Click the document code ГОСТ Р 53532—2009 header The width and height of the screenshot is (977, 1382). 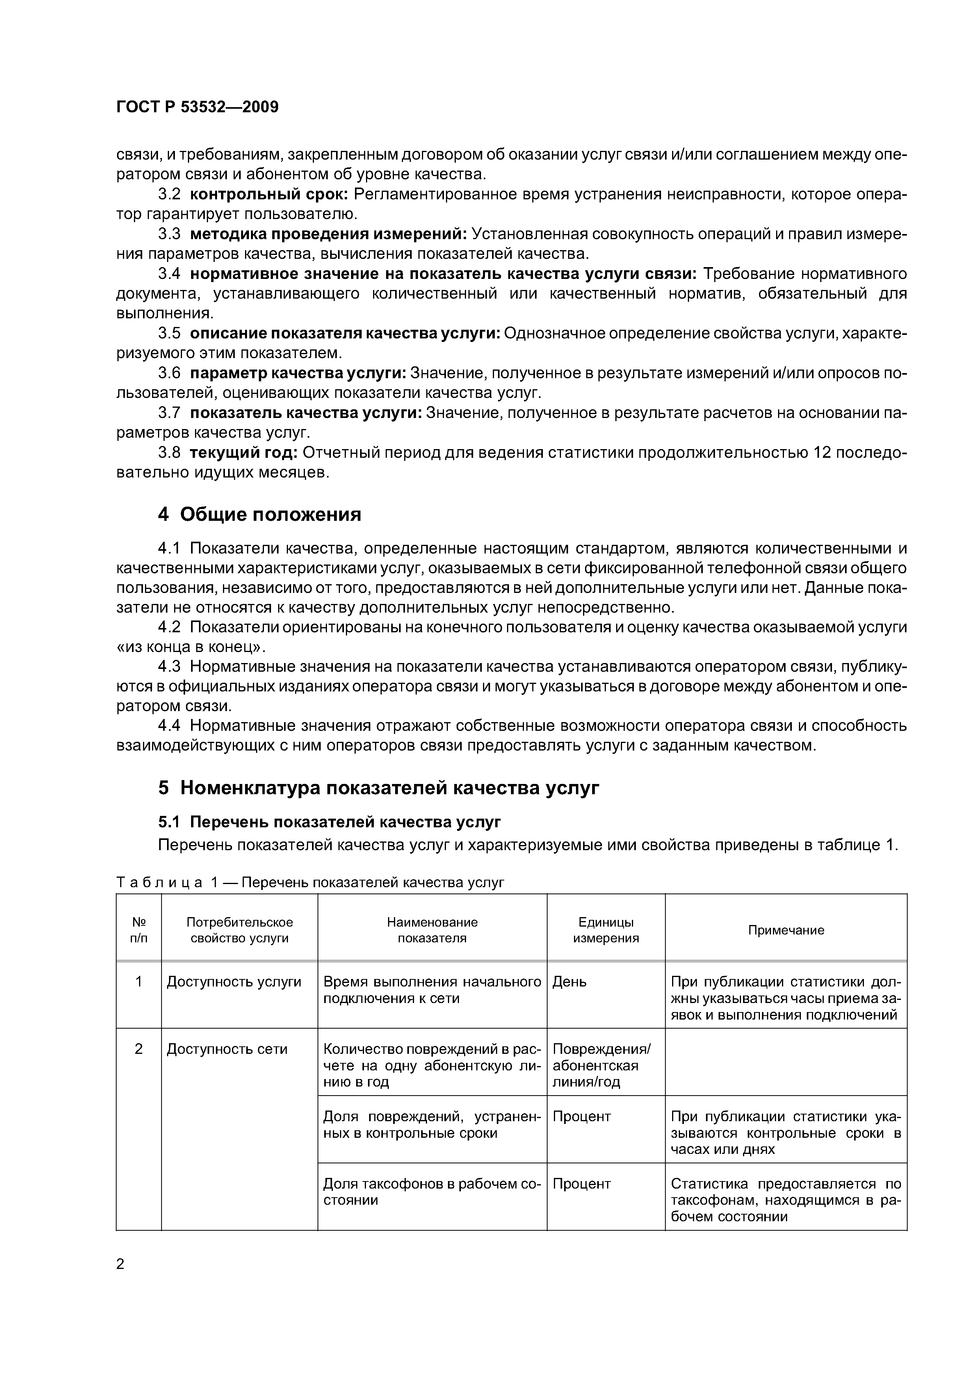197,107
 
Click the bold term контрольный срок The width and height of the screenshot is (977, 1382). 269,195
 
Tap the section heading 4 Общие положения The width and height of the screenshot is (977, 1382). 260,515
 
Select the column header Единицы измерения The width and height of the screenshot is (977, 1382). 606,930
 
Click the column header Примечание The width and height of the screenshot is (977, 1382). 786,930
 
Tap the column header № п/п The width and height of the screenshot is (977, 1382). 138,930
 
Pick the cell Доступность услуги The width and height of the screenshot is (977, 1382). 234,982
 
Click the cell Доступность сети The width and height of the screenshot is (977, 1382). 227,1049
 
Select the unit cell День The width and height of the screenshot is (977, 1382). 570,982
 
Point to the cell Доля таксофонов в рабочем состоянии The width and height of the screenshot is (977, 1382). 432,1192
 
